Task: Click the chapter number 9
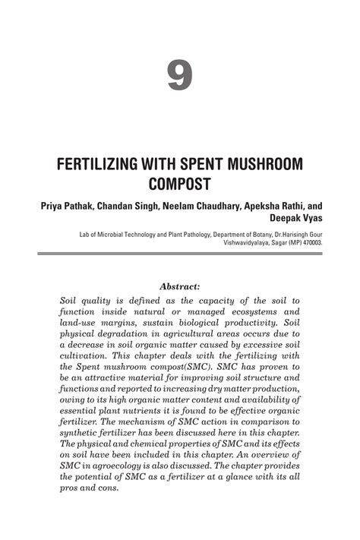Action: click(x=180, y=76)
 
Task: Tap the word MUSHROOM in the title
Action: click(x=258, y=165)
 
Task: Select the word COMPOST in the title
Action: click(x=180, y=184)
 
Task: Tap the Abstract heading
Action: click(x=180, y=286)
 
